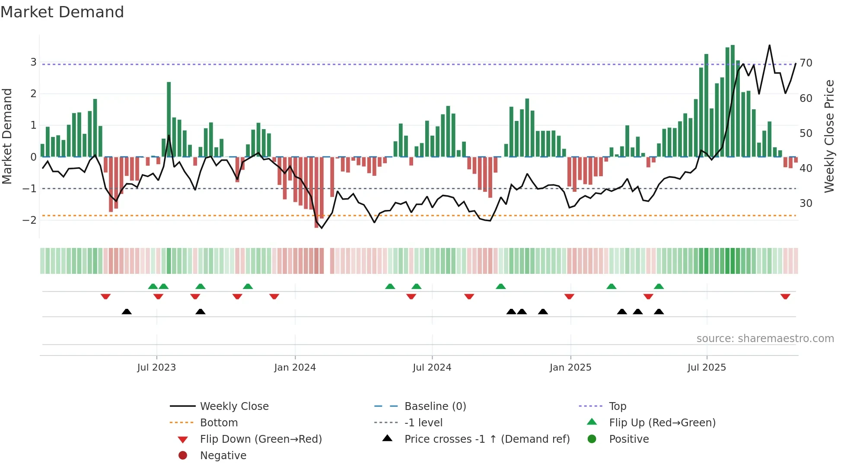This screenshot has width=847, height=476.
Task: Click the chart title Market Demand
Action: (x=62, y=12)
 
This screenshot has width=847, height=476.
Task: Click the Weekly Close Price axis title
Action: (x=829, y=136)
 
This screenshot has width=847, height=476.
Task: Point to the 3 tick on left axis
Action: (x=33, y=62)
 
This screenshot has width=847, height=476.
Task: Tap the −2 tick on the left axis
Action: (x=30, y=220)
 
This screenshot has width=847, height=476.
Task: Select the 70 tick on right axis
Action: (x=806, y=63)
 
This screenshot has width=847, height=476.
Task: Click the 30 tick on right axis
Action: (x=806, y=203)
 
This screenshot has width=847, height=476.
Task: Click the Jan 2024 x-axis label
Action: (x=295, y=368)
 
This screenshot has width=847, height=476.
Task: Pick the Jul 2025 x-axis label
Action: (x=707, y=368)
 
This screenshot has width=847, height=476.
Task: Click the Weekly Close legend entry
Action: (x=234, y=406)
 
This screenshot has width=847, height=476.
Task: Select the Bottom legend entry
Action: (x=219, y=423)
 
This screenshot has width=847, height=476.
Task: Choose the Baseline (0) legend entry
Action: (x=435, y=406)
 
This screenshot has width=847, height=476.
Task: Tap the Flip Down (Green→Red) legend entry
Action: (x=261, y=439)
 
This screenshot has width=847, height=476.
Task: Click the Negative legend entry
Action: (x=223, y=456)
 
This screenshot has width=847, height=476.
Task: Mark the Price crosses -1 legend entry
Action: (x=487, y=439)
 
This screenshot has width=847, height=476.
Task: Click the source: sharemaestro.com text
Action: (x=765, y=339)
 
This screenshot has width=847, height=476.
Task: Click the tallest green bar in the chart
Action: (x=732, y=99)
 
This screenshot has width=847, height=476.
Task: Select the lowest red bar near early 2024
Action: (x=317, y=192)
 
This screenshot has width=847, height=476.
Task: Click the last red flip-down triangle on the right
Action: (x=785, y=296)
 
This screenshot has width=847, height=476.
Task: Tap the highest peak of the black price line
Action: (x=769, y=45)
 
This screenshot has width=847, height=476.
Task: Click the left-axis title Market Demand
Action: (x=7, y=136)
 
